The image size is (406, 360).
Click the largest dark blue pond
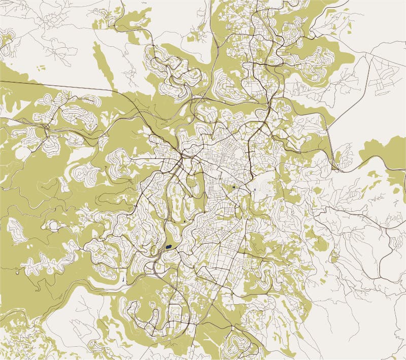click(x=168, y=248)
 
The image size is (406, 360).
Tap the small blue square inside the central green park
click(x=233, y=187)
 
